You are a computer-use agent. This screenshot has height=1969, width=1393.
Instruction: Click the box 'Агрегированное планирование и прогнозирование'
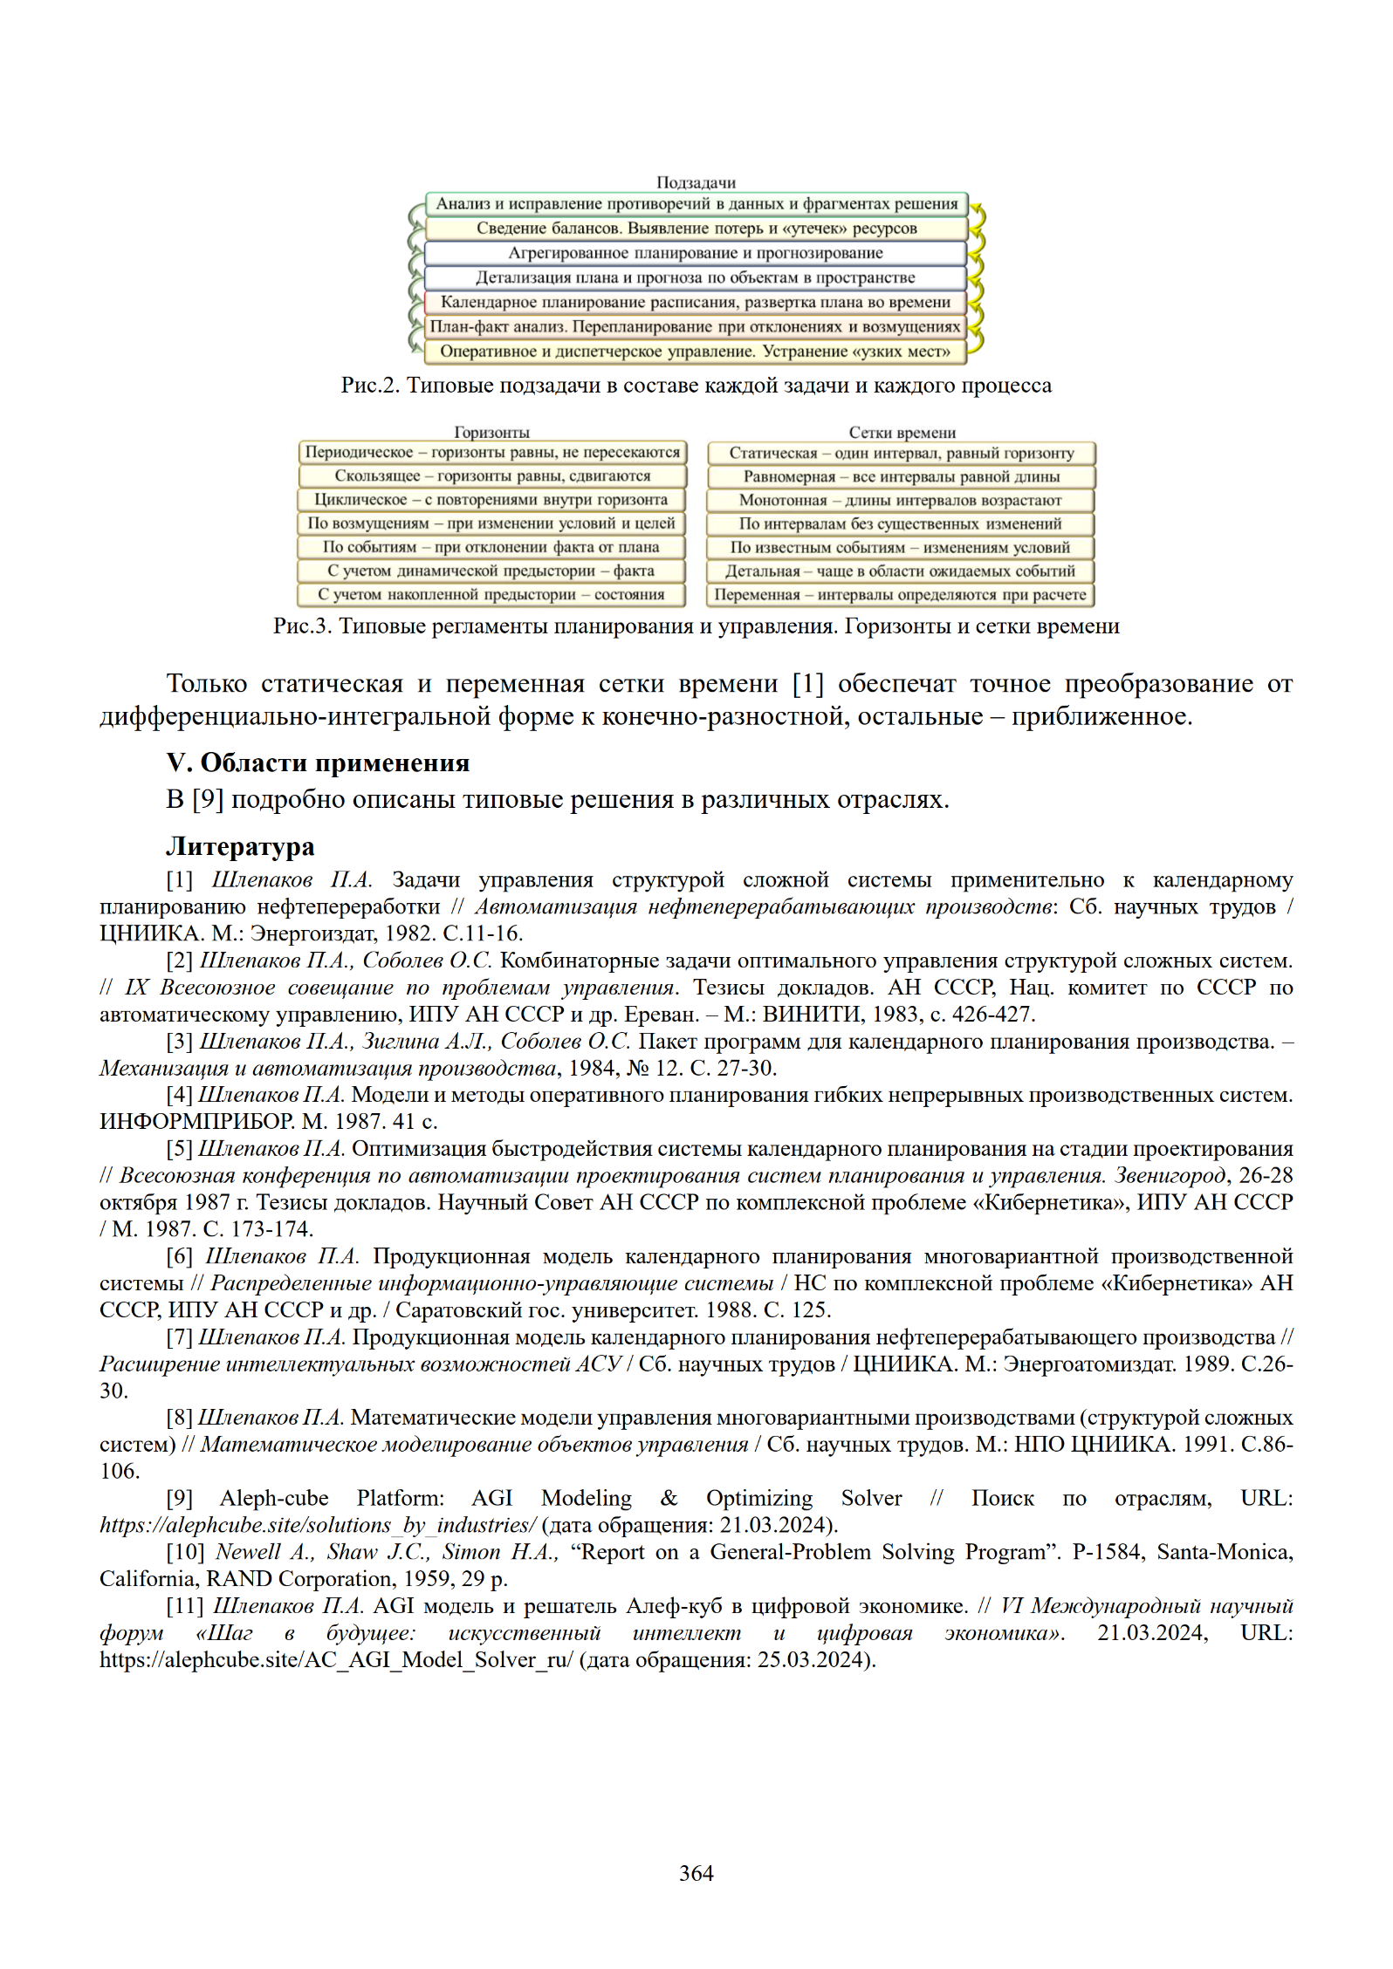coord(695,253)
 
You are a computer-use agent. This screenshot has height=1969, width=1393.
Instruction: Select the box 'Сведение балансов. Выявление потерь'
coord(696,229)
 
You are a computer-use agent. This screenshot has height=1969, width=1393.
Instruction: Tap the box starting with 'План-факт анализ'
coord(695,327)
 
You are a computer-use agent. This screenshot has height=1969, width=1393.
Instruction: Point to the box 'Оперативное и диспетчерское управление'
coord(695,352)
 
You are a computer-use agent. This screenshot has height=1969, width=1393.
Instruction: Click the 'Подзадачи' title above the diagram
coord(696,182)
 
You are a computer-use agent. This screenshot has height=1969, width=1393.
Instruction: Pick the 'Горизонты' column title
coord(491,432)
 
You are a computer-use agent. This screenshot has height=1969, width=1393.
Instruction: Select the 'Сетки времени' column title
coord(902,432)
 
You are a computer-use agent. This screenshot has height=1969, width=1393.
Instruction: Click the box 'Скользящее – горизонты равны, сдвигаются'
coord(492,476)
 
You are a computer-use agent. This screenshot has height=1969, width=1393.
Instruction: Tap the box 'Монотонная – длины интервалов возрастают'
coord(900,501)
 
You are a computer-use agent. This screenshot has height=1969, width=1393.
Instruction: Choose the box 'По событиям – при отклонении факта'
coord(491,548)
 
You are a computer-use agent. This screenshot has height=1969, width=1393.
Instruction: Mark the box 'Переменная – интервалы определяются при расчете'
coord(900,595)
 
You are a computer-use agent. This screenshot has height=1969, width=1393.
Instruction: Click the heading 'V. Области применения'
coord(318,762)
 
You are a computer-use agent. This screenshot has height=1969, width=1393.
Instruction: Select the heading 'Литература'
coord(240,846)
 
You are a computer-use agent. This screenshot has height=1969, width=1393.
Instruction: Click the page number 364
coord(696,1873)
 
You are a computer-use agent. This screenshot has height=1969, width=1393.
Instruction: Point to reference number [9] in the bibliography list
coord(179,1499)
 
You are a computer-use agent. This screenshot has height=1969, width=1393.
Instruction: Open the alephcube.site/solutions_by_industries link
coord(318,1525)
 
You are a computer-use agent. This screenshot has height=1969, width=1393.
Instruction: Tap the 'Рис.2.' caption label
coord(369,386)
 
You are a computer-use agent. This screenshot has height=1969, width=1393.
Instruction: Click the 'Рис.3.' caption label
coord(302,626)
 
